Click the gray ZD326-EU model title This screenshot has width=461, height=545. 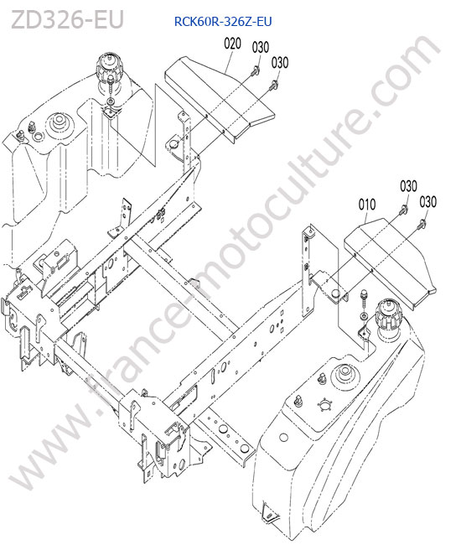(x=68, y=20)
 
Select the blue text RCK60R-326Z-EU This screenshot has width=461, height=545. (x=223, y=22)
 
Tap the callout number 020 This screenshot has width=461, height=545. (x=232, y=44)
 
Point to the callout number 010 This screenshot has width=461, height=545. (x=367, y=205)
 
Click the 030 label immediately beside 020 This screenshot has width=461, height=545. (x=261, y=47)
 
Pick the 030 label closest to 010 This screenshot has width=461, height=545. (x=408, y=186)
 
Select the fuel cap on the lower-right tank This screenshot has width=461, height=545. (x=388, y=314)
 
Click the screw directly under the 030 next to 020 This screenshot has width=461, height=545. (x=256, y=70)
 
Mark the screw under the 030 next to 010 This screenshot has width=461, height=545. (x=403, y=210)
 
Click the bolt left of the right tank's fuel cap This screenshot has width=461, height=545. (x=364, y=298)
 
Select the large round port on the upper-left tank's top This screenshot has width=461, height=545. (x=59, y=124)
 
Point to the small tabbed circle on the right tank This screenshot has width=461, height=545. (x=325, y=405)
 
